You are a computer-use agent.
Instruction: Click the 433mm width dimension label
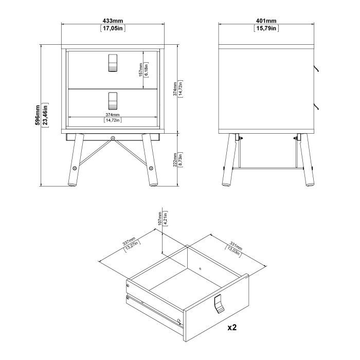tap(113, 21)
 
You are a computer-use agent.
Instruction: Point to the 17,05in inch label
tap(113, 28)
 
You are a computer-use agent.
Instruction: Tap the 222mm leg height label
tap(175, 159)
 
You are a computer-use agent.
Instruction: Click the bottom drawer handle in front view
tap(113, 100)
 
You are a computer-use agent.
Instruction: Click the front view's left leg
tap(74, 159)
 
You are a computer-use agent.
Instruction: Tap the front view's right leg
tap(151, 159)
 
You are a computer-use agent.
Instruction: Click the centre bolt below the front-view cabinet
tap(113, 138)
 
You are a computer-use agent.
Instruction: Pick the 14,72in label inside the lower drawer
tap(113, 120)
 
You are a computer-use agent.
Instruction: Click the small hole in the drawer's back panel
tap(200, 268)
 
